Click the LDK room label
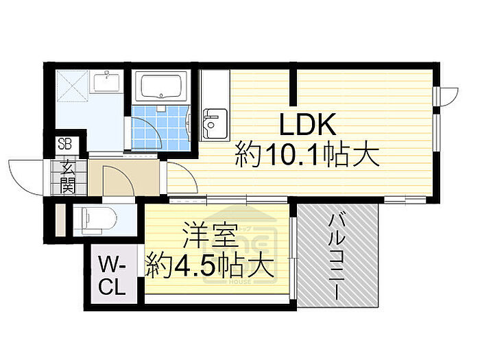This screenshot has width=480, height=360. pyautogui.click(x=307, y=125)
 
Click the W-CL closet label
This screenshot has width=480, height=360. pyautogui.click(x=110, y=275)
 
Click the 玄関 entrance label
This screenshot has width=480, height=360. pyautogui.click(x=68, y=176)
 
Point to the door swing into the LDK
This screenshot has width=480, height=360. pyautogui.click(x=178, y=174)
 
